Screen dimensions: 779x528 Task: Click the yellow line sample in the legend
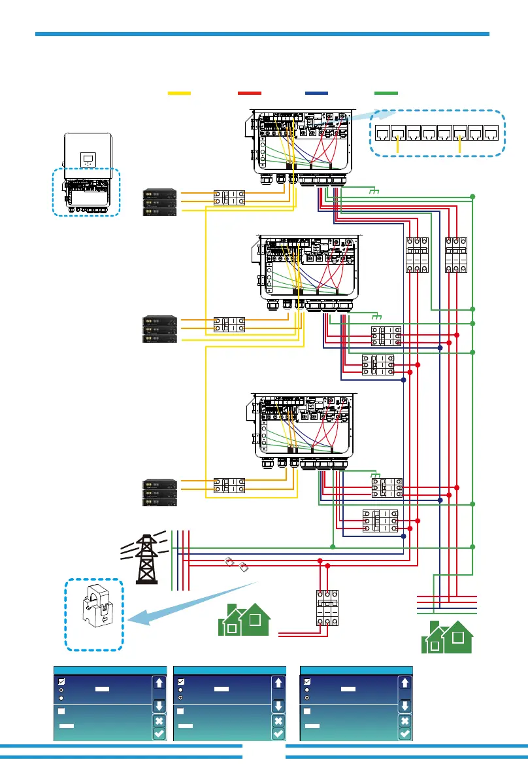click(179, 94)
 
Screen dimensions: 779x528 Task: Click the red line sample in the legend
click(250, 94)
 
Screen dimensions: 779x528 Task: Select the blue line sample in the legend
click(317, 94)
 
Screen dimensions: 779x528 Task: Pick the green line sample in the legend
click(385, 94)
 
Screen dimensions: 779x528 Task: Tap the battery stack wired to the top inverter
click(160, 201)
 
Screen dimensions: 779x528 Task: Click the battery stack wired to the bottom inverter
click(160, 493)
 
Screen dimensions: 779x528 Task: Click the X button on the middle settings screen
click(278, 721)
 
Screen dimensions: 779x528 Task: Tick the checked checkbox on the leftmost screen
click(60, 682)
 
